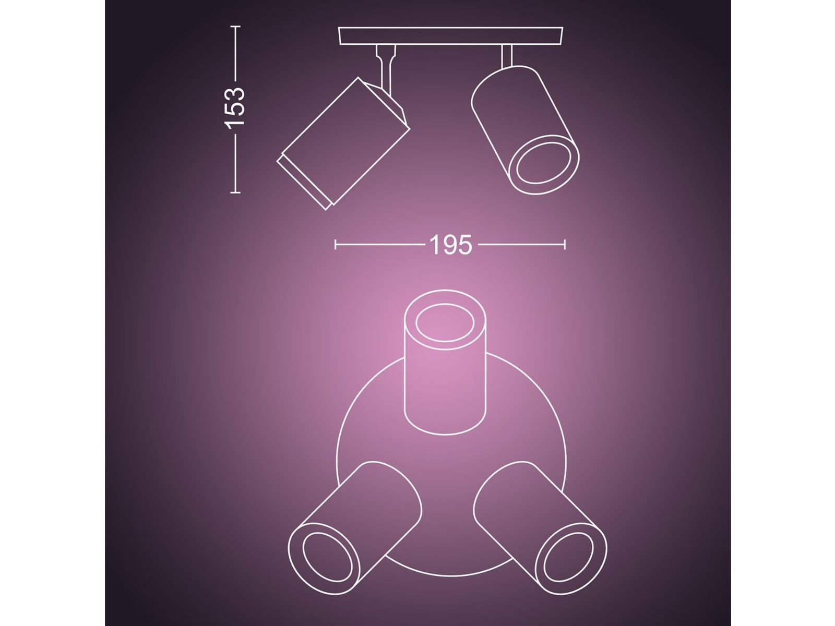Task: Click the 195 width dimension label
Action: point(450,244)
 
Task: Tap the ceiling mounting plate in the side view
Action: point(451,36)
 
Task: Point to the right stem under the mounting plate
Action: point(507,55)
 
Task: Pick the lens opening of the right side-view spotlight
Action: point(544,164)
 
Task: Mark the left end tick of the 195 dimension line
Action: point(336,244)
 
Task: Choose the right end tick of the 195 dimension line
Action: point(565,244)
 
